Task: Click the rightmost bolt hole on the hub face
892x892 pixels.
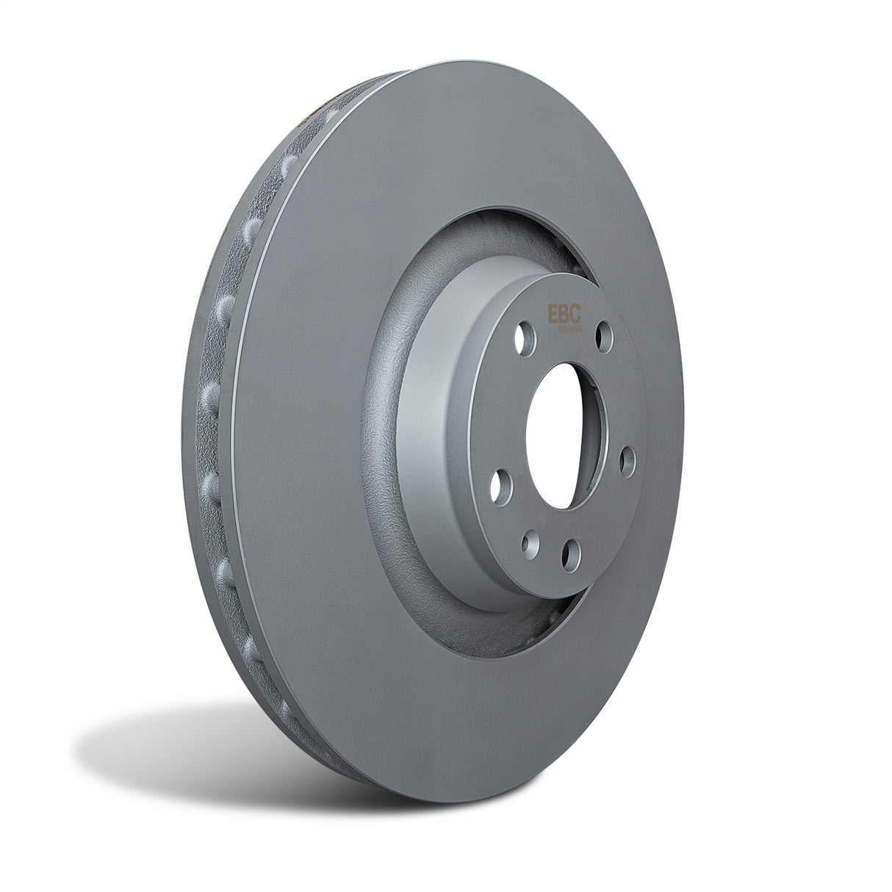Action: [627, 460]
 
